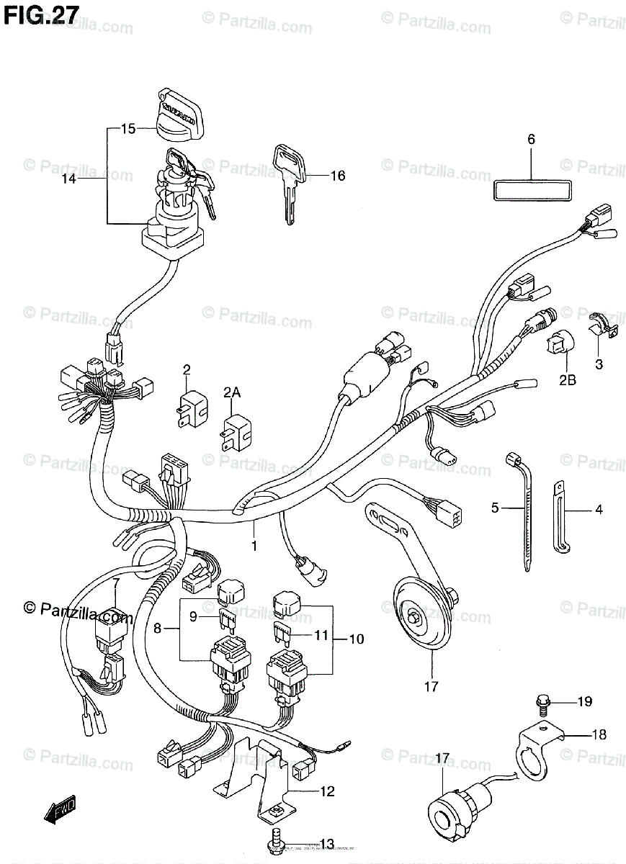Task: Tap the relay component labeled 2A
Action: [x=236, y=429]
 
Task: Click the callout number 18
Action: [x=599, y=734]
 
